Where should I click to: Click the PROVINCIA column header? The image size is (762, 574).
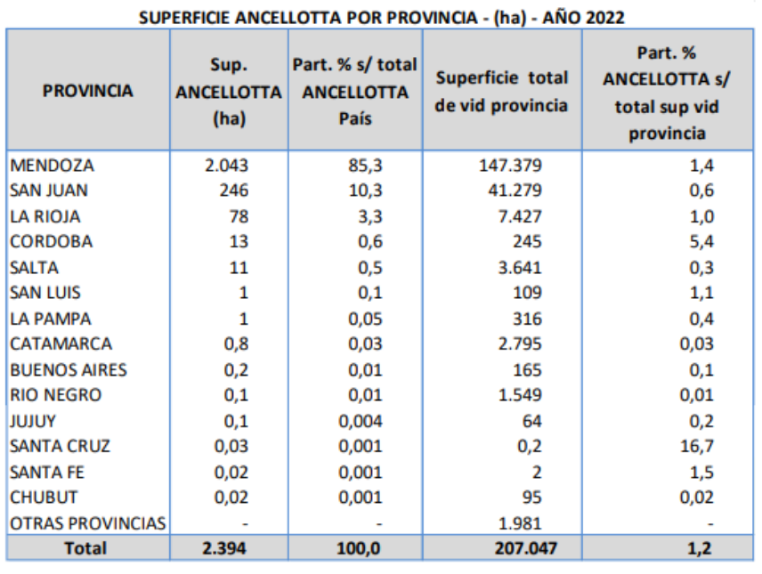click(87, 90)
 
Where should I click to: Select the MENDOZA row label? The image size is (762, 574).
click(52, 165)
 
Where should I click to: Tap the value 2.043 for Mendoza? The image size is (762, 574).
click(226, 165)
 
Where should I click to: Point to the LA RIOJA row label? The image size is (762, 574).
click(45, 216)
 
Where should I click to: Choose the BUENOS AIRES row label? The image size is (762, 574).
click(68, 369)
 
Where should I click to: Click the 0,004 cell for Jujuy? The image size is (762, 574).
click(361, 421)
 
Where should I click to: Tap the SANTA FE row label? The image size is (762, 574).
click(47, 472)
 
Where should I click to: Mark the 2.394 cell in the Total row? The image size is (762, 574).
click(226, 548)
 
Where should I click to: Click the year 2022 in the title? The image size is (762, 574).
click(602, 17)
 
